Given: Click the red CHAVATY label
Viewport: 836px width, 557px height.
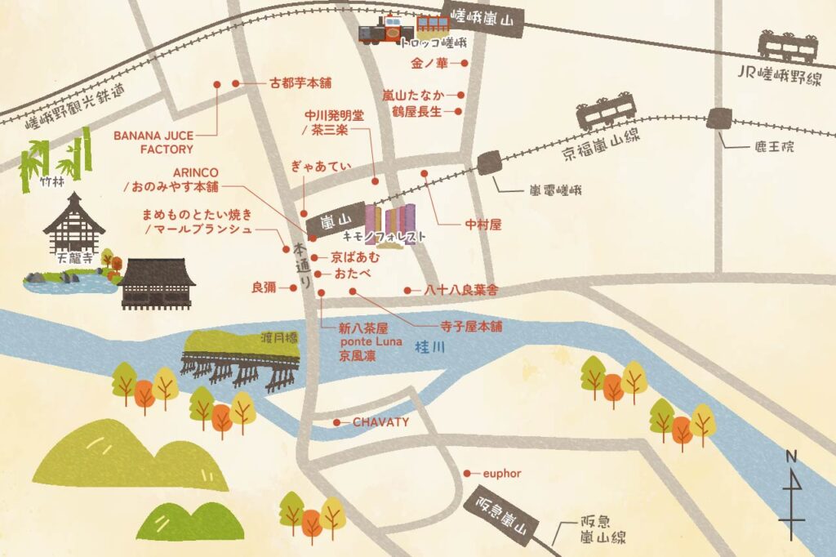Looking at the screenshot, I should [x=380, y=422].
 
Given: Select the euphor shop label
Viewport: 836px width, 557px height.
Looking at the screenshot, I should [x=501, y=474].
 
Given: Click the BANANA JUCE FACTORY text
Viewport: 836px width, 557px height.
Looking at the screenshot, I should [x=153, y=142].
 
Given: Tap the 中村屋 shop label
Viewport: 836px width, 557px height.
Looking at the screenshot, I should [x=482, y=224].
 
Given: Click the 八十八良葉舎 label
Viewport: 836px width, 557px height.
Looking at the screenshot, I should [x=460, y=290].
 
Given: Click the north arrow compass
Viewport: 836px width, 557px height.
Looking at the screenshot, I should [x=792, y=494].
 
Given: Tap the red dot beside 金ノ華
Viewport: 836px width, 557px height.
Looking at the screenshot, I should [x=464, y=62].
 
